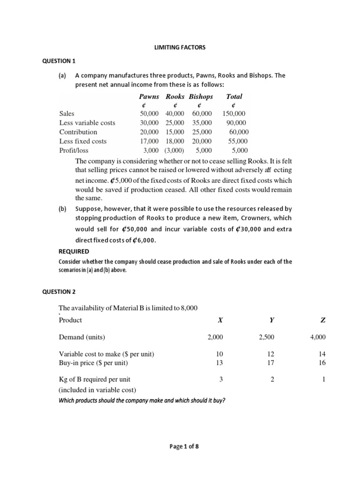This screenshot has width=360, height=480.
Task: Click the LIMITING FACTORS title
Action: click(x=180, y=47)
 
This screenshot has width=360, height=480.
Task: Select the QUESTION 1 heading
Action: click(x=59, y=61)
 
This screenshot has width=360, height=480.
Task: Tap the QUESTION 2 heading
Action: click(x=59, y=292)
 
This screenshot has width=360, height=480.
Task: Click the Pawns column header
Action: click(x=149, y=97)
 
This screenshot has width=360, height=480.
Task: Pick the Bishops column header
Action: click(x=201, y=97)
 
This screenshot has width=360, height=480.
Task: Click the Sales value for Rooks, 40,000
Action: click(x=175, y=113)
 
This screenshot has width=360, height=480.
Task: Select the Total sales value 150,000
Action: click(x=234, y=113)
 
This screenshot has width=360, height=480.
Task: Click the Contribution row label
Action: click(x=78, y=132)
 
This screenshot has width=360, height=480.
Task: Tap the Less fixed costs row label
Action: click(x=83, y=141)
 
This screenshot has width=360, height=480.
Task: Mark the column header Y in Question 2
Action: click(x=271, y=320)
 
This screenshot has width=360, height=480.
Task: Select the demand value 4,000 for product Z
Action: click(x=318, y=337)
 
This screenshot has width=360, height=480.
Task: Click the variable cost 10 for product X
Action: click(x=220, y=354)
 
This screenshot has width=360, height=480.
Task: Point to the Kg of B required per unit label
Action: click(x=95, y=380)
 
